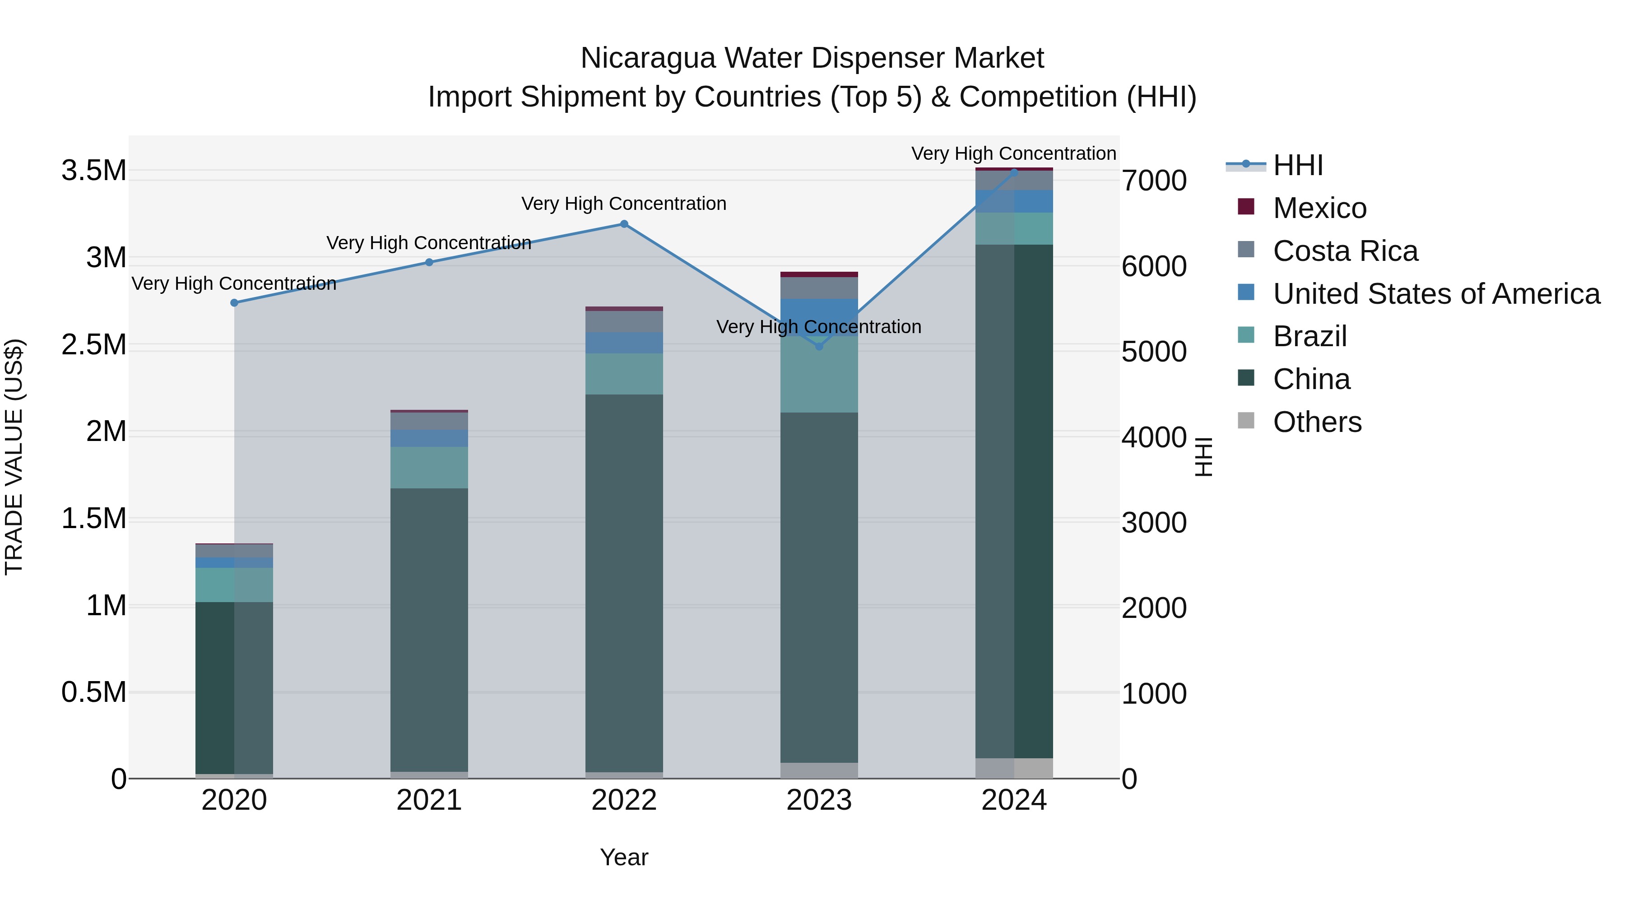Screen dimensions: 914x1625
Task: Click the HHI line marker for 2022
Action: point(624,224)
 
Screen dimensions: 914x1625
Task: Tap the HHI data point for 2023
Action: point(819,346)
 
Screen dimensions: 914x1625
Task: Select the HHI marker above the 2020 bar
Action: point(234,303)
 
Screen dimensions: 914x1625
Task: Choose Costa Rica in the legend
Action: point(1345,251)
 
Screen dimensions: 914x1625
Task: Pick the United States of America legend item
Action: point(1436,294)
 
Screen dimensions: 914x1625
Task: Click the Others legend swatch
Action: point(1246,421)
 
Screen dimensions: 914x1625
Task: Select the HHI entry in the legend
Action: point(1298,165)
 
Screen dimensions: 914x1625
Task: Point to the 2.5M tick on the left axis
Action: point(94,345)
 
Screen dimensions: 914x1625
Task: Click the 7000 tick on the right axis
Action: point(1154,181)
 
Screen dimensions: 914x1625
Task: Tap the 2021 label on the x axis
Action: point(429,800)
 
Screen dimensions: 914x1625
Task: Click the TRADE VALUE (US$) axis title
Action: point(14,457)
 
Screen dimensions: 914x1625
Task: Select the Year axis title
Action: point(624,857)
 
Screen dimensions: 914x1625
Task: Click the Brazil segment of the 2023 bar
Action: point(819,375)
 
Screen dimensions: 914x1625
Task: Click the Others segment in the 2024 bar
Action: point(1014,768)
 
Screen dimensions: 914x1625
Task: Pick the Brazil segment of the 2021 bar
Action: point(429,468)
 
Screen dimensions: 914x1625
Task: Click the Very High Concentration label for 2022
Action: point(624,204)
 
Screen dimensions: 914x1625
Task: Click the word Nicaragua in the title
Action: point(648,58)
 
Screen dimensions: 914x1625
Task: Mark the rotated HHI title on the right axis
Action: point(1203,457)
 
